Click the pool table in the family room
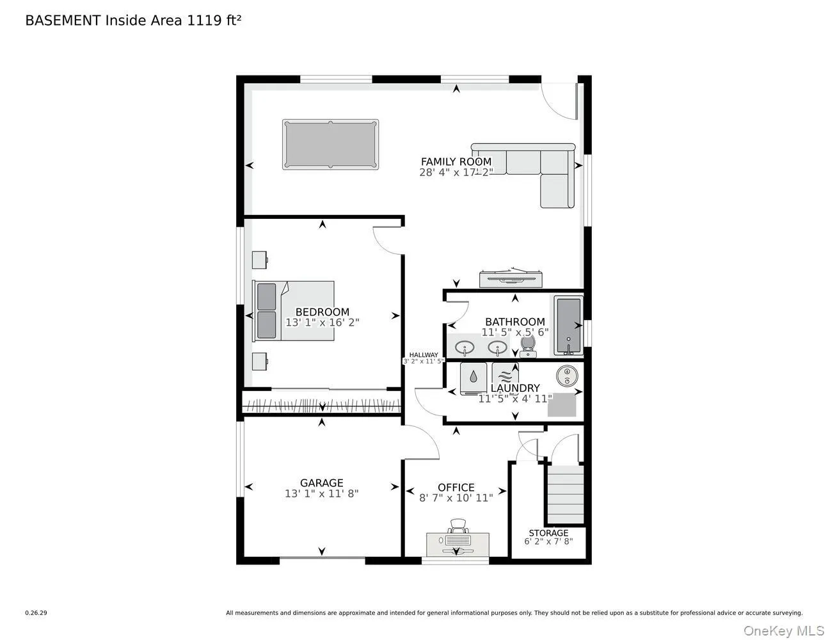point(330,145)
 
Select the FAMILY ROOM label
point(456,162)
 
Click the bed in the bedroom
point(294,310)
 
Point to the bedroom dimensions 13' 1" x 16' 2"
point(322,323)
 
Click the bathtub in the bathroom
point(568,325)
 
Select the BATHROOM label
point(514,322)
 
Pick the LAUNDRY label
point(514,388)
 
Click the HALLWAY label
point(424,355)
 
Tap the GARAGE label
point(321,483)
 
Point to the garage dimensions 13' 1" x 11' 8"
point(321,494)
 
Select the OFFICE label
point(456,488)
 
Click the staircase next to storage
point(564,494)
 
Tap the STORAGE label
point(548,533)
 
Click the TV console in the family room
point(511,277)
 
